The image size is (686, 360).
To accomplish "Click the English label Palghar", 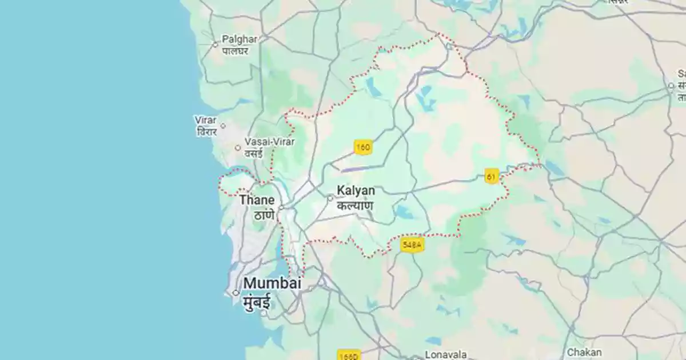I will coord(240,39).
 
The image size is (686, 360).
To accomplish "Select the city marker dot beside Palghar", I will coord(216,44).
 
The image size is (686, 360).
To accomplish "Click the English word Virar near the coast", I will coord(206,121).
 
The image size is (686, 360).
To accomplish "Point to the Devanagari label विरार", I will coord(206,132).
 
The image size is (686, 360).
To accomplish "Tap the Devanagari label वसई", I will coord(253,153).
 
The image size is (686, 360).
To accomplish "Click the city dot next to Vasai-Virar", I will coord(238,148).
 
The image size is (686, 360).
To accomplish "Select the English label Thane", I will coord(257,200).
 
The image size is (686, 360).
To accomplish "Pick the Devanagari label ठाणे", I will coord(264,215).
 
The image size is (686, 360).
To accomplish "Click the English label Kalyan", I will coord(356,191).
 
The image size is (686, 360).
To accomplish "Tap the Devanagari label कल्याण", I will coord(355,205).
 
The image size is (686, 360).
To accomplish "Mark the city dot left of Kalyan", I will coord(330,198).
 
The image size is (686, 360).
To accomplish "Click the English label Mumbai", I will coord(272,283).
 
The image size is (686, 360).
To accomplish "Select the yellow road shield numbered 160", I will coord(362,147).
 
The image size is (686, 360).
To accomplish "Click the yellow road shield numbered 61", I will coord(491,176).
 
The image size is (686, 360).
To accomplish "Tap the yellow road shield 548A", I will coord(412,245).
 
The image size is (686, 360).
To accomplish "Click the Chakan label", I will coord(584,353).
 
